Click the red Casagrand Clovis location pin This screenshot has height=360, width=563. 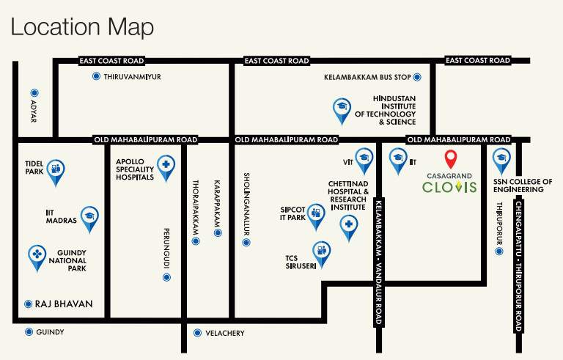(x=452, y=158)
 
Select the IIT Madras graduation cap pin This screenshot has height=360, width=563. (x=89, y=216)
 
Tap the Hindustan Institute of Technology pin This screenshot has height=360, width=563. (x=341, y=109)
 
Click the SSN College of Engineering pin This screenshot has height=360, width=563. (x=501, y=158)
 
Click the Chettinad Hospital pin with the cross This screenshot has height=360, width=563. (x=350, y=225)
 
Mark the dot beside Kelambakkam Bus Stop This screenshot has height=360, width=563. (x=417, y=76)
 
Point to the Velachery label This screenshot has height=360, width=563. (x=224, y=333)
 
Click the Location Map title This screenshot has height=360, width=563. (x=82, y=28)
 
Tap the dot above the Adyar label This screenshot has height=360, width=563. (x=34, y=93)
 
